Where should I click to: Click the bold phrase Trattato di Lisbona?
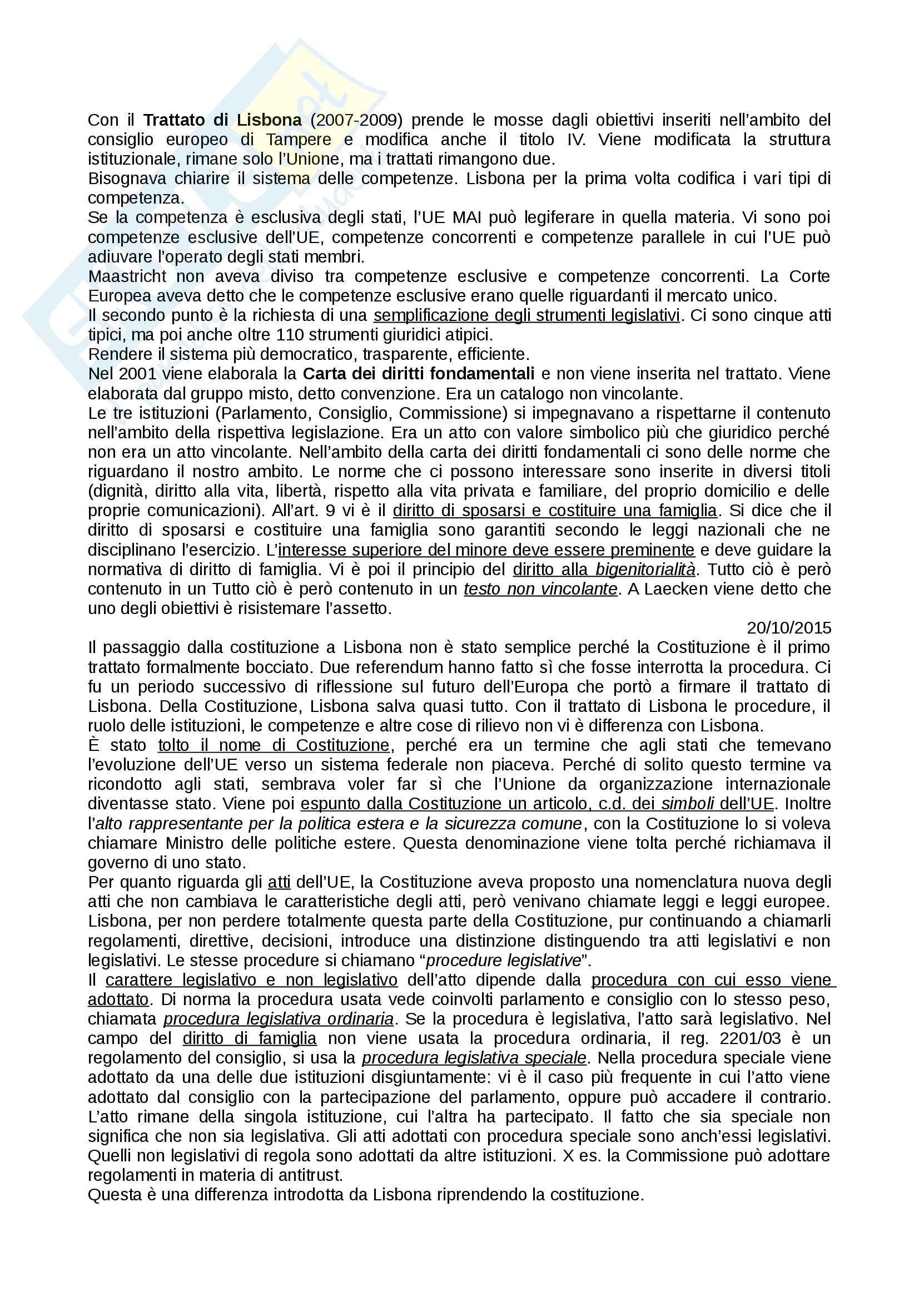click(x=222, y=120)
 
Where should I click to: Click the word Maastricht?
click(x=127, y=276)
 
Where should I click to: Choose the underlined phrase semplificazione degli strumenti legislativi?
click(x=526, y=315)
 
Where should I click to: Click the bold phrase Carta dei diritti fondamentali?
click(x=419, y=374)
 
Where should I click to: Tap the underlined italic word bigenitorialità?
click(x=645, y=570)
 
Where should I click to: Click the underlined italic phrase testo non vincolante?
click(x=540, y=589)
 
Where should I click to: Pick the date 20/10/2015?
click(x=789, y=628)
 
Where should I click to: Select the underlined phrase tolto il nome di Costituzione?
click(x=274, y=745)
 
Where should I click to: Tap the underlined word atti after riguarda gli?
click(x=279, y=882)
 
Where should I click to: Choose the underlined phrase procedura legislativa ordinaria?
click(x=279, y=1020)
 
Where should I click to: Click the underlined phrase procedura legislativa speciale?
click(x=474, y=1058)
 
